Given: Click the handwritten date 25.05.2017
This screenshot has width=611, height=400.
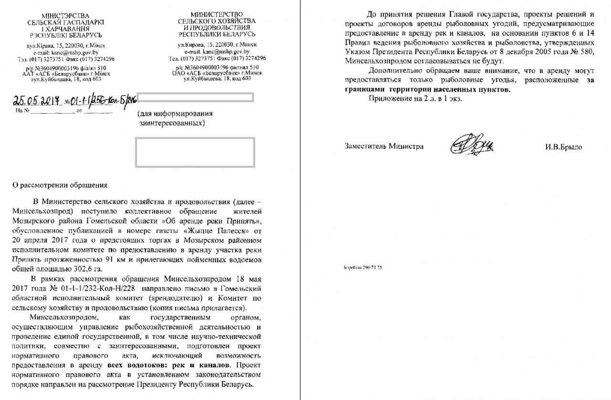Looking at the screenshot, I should coord(36,101).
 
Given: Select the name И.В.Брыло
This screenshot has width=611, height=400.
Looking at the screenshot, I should coord(563,147).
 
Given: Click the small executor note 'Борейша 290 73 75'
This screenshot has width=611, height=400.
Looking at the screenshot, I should coord(363,267).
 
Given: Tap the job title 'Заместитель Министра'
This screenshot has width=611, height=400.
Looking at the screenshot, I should coord(384,147).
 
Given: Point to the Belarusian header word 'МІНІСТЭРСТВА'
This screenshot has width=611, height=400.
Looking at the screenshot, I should coord(62,16).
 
